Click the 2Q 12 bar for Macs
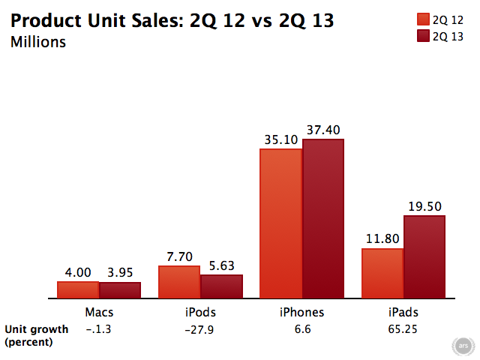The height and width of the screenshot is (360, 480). pos(78,290)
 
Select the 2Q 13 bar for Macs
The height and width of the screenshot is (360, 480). pos(120,290)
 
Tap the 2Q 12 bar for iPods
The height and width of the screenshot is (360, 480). pos(179,282)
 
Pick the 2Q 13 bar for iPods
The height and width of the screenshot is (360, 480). pos(221,286)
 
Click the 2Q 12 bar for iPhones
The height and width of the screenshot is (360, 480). pos(280,223)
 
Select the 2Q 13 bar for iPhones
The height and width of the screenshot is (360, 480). pos(322,219)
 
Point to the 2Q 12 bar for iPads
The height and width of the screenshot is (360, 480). pos(382,274)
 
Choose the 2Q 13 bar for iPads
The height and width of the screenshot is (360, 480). pos(424,257)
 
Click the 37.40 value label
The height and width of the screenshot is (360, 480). pos(322,129)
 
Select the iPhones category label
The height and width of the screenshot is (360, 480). pos(301,312)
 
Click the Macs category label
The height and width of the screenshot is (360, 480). pos(99,312)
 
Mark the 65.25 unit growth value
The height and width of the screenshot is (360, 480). pos(403,329)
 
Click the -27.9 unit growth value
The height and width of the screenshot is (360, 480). pos(200,329)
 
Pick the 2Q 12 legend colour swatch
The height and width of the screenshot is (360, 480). pos(421,19)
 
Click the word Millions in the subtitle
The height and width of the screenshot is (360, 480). pos(38,42)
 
